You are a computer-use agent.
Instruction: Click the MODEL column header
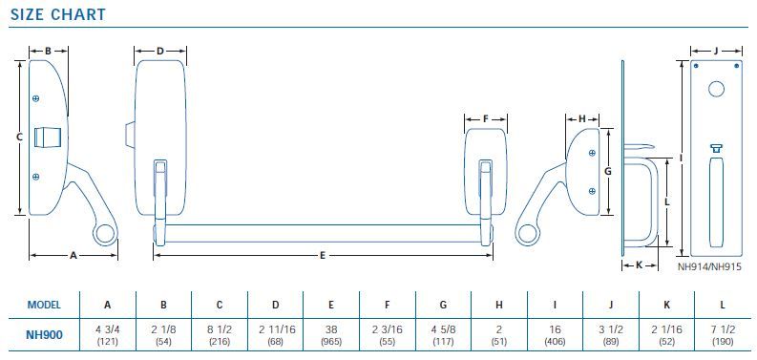pos(44,305)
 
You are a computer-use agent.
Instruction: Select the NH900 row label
pos(44,334)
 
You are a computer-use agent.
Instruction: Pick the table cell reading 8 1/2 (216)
pos(219,334)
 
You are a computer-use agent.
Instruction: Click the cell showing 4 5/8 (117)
pos(442,334)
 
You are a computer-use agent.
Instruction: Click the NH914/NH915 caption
pos(709,268)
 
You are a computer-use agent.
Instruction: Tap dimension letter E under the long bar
pos(323,256)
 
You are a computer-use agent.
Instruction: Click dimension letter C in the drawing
pos(20,138)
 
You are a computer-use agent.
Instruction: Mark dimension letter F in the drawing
pos(485,119)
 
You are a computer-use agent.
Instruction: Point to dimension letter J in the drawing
pos(715,49)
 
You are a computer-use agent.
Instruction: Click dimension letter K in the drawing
pos(639,265)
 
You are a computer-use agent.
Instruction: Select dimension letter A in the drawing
pos(74,256)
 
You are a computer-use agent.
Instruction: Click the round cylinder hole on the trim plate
pos(715,95)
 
